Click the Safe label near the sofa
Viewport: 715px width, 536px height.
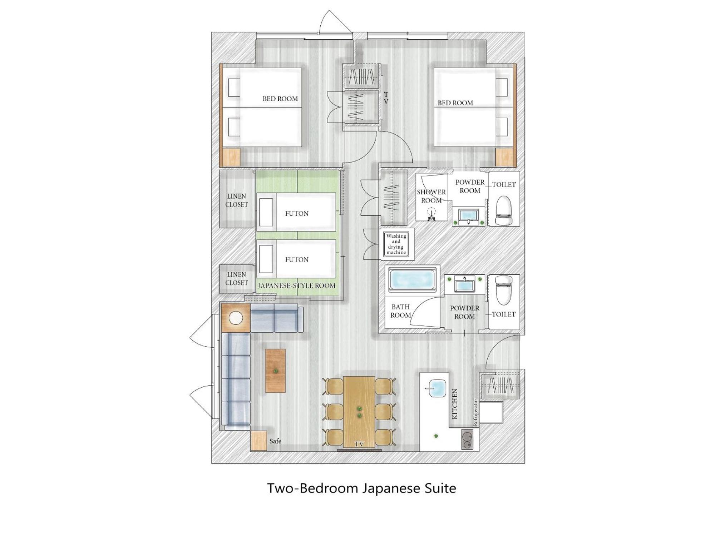pos(275,441)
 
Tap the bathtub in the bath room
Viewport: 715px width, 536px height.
pos(413,279)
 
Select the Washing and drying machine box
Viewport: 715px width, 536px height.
pos(396,244)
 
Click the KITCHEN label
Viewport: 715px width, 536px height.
pos(455,404)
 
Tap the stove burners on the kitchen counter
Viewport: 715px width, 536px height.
pos(467,440)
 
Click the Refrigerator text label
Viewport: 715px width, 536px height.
pos(475,412)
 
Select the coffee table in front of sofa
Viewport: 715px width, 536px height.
pos(275,371)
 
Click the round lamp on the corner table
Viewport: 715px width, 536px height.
pos(236,318)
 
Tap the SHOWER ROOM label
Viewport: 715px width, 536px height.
pos(431,196)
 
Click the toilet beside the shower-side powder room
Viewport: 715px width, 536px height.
pos(503,210)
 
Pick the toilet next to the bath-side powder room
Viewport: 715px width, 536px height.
pos(503,290)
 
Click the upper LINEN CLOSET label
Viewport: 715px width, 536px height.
pos(236,200)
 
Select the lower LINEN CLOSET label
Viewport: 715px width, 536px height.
pos(236,278)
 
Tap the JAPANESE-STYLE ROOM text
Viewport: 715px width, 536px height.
pos(297,286)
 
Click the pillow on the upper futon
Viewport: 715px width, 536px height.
pos(266,212)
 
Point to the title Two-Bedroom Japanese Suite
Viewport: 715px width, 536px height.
pos(362,488)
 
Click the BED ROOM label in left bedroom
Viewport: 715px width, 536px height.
pos(280,99)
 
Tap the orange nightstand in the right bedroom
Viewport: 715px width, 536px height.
pos(504,157)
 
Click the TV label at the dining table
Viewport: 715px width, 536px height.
pos(359,444)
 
